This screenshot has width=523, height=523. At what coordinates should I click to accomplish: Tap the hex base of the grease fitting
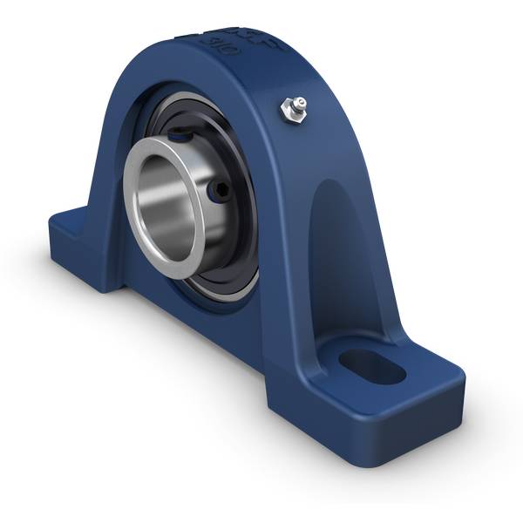pos(292,113)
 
